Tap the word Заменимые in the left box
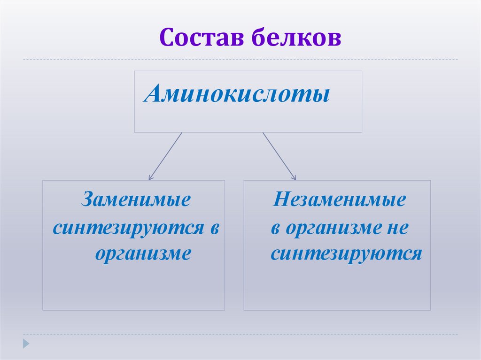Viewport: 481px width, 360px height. coord(136,199)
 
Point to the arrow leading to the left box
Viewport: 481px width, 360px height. coord(165,155)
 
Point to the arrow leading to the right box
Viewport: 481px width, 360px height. coord(279,155)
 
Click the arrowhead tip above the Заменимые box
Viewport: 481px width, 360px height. coord(149,179)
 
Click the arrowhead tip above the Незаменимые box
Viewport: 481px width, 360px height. coord(295,179)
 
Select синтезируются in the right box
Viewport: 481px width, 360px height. coord(346,254)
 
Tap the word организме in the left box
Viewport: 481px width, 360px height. coord(143,254)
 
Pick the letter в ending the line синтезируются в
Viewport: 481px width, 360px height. coord(215,228)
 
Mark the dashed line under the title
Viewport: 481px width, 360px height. coord(240,60)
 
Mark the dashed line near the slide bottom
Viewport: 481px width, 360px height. coord(240,334)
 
